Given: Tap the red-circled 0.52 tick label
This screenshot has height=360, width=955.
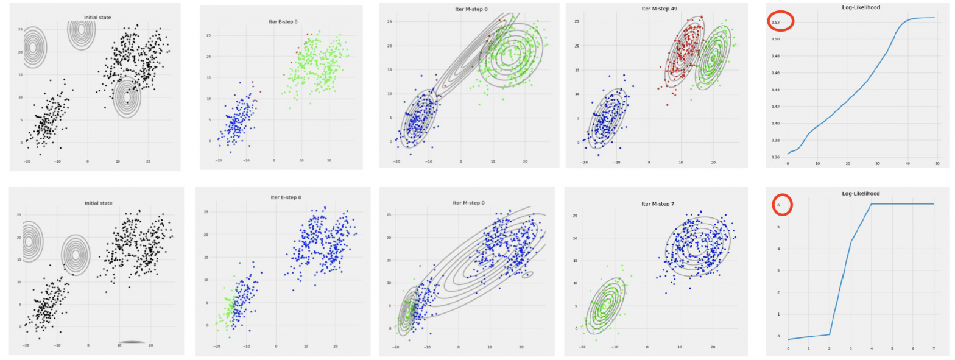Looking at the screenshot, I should tap(776, 23).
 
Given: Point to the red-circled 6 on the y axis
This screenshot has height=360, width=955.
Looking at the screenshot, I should tap(778, 205).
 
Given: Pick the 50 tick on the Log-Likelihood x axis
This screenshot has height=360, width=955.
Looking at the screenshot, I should tap(937, 164).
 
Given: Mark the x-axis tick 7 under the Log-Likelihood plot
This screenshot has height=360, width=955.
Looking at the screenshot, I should tap(934, 348).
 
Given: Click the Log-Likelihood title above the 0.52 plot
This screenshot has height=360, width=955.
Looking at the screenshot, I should tap(859, 7).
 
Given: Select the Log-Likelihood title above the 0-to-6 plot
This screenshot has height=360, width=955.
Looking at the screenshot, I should tap(861, 193).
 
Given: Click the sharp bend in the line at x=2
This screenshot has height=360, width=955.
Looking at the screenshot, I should tap(830, 334).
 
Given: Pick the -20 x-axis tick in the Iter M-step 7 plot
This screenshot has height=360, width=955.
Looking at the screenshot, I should tap(583, 347).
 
